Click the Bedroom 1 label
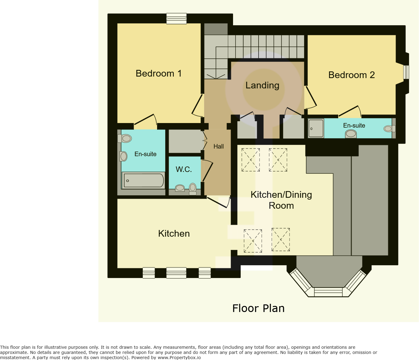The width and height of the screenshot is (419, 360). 158,74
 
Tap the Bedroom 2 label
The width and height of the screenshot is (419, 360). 352,75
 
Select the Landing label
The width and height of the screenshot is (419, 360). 262,85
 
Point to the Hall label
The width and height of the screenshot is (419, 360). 218,146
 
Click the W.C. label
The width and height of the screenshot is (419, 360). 184,169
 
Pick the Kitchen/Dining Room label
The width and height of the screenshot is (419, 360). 281,200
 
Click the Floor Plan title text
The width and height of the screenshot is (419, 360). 258,308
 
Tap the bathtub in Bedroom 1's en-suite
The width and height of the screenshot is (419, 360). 143,180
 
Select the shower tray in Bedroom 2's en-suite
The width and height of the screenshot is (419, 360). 316,128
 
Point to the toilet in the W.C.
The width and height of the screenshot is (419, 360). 193,188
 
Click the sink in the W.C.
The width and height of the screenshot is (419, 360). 180,188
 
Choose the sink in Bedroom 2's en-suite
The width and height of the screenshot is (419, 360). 351,134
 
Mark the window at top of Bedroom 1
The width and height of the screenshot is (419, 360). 176,19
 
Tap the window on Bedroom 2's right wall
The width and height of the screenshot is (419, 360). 406,72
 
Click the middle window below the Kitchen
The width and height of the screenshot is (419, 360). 176,273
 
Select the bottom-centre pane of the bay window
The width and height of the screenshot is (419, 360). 328,292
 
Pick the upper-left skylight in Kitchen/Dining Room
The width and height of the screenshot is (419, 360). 251,160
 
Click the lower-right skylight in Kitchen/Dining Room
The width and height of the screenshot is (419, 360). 280,240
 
